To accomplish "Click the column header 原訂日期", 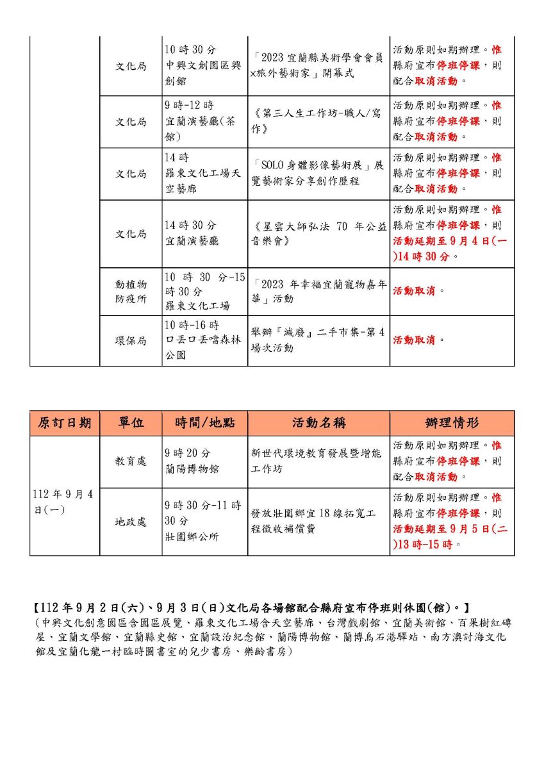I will coord(64,423).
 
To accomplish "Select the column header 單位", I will coord(131,423).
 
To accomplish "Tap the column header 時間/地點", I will coord(204,423).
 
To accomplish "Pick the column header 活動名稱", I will coord(318,423).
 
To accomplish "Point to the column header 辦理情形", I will coord(452,423).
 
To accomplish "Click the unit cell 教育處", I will coord(131,461).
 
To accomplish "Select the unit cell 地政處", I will coord(131,522).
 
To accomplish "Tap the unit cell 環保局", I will coord(131,340).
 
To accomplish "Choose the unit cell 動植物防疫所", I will coord(131,291).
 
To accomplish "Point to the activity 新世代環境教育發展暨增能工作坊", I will coord(318,461).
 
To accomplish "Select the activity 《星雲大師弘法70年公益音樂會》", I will coord(318,234).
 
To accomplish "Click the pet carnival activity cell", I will coord(318,291).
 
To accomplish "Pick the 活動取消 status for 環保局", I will coord(414,340).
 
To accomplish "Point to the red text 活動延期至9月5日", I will coord(450,529).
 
